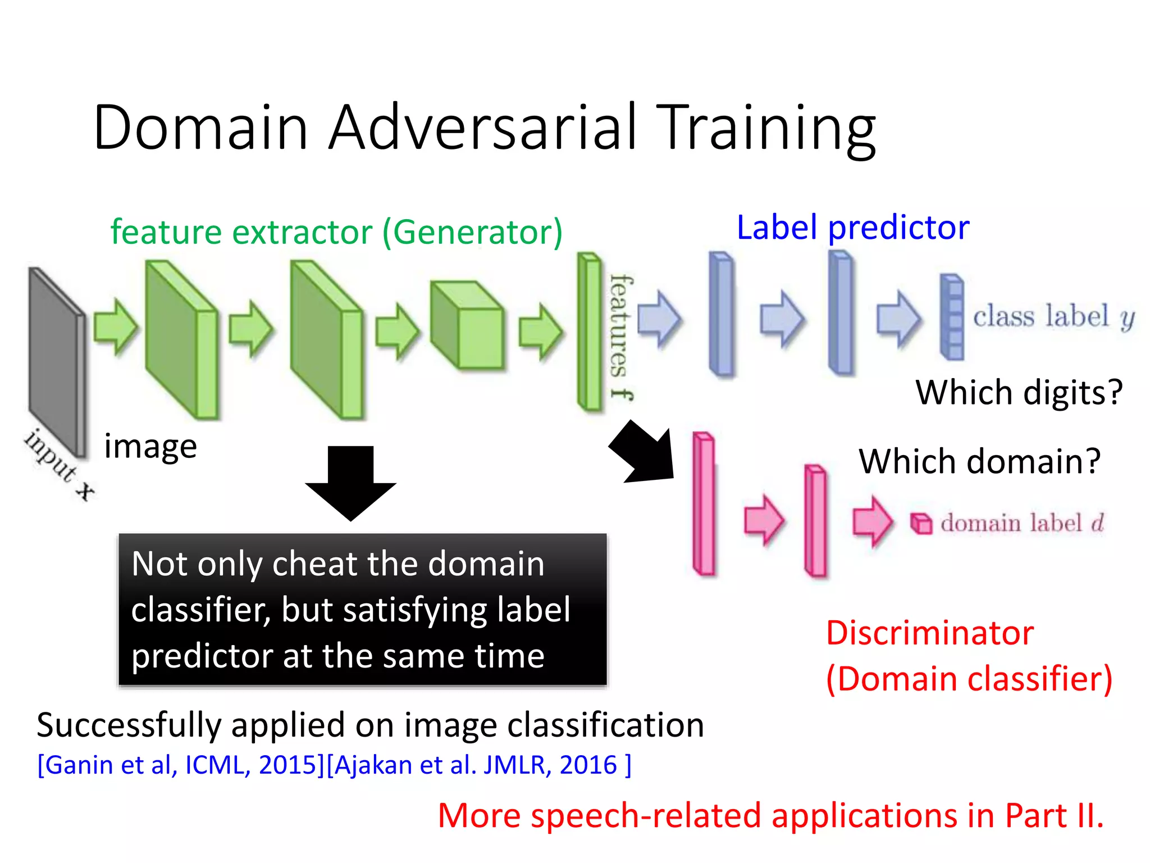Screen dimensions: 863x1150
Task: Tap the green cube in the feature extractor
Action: [468, 326]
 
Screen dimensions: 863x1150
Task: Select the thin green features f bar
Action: [589, 331]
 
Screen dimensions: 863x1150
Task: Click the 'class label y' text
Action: [1053, 316]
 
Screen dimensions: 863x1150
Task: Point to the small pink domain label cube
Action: [921, 524]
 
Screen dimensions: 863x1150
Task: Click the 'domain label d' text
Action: [1022, 523]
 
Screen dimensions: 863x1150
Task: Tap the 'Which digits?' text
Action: [1019, 392]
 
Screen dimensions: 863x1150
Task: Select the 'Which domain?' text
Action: [979, 461]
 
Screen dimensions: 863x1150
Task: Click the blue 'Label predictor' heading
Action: [852, 228]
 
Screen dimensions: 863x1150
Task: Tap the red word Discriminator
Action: [929, 633]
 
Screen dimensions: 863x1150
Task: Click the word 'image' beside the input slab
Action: [150, 447]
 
